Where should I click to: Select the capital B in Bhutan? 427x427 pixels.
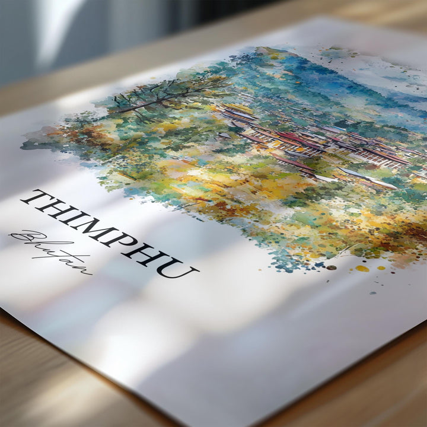click(x=24, y=238)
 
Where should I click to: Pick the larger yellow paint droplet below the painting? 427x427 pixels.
click(x=362, y=269)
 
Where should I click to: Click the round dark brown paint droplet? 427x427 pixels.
click(x=332, y=267)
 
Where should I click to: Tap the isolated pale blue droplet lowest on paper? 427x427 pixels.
click(x=373, y=292)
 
